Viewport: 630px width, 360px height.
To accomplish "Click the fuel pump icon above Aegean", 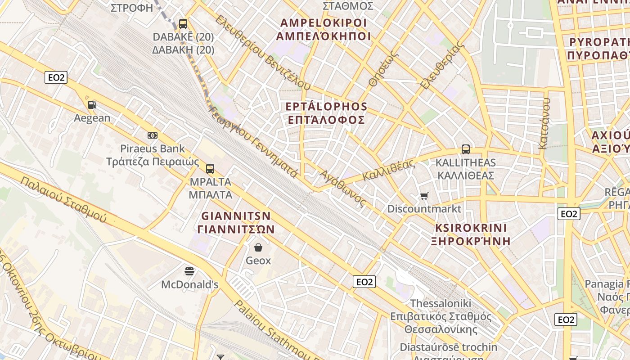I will (92, 105).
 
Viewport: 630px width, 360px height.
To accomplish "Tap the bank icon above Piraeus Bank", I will (153, 135).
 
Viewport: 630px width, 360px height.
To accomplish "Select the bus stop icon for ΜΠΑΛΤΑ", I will (210, 169).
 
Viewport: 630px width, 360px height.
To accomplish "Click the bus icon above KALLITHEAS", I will (466, 149).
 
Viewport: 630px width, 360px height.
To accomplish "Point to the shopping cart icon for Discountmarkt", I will (424, 196).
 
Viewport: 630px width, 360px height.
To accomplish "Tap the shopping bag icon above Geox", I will (258, 247).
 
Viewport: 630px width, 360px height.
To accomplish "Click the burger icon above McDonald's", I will (190, 271).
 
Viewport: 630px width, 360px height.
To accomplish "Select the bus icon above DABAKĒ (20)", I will (183, 23).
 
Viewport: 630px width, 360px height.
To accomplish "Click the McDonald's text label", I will (190, 284).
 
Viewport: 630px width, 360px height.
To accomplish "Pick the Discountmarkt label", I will (424, 209).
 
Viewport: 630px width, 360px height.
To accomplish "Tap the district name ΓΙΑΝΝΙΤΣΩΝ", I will (236, 229).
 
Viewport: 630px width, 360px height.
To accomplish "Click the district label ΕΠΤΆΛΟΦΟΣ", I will (326, 120).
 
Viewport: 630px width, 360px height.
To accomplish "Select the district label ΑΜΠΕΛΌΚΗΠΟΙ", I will (323, 36).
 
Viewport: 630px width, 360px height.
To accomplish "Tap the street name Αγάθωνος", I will (342, 189).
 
